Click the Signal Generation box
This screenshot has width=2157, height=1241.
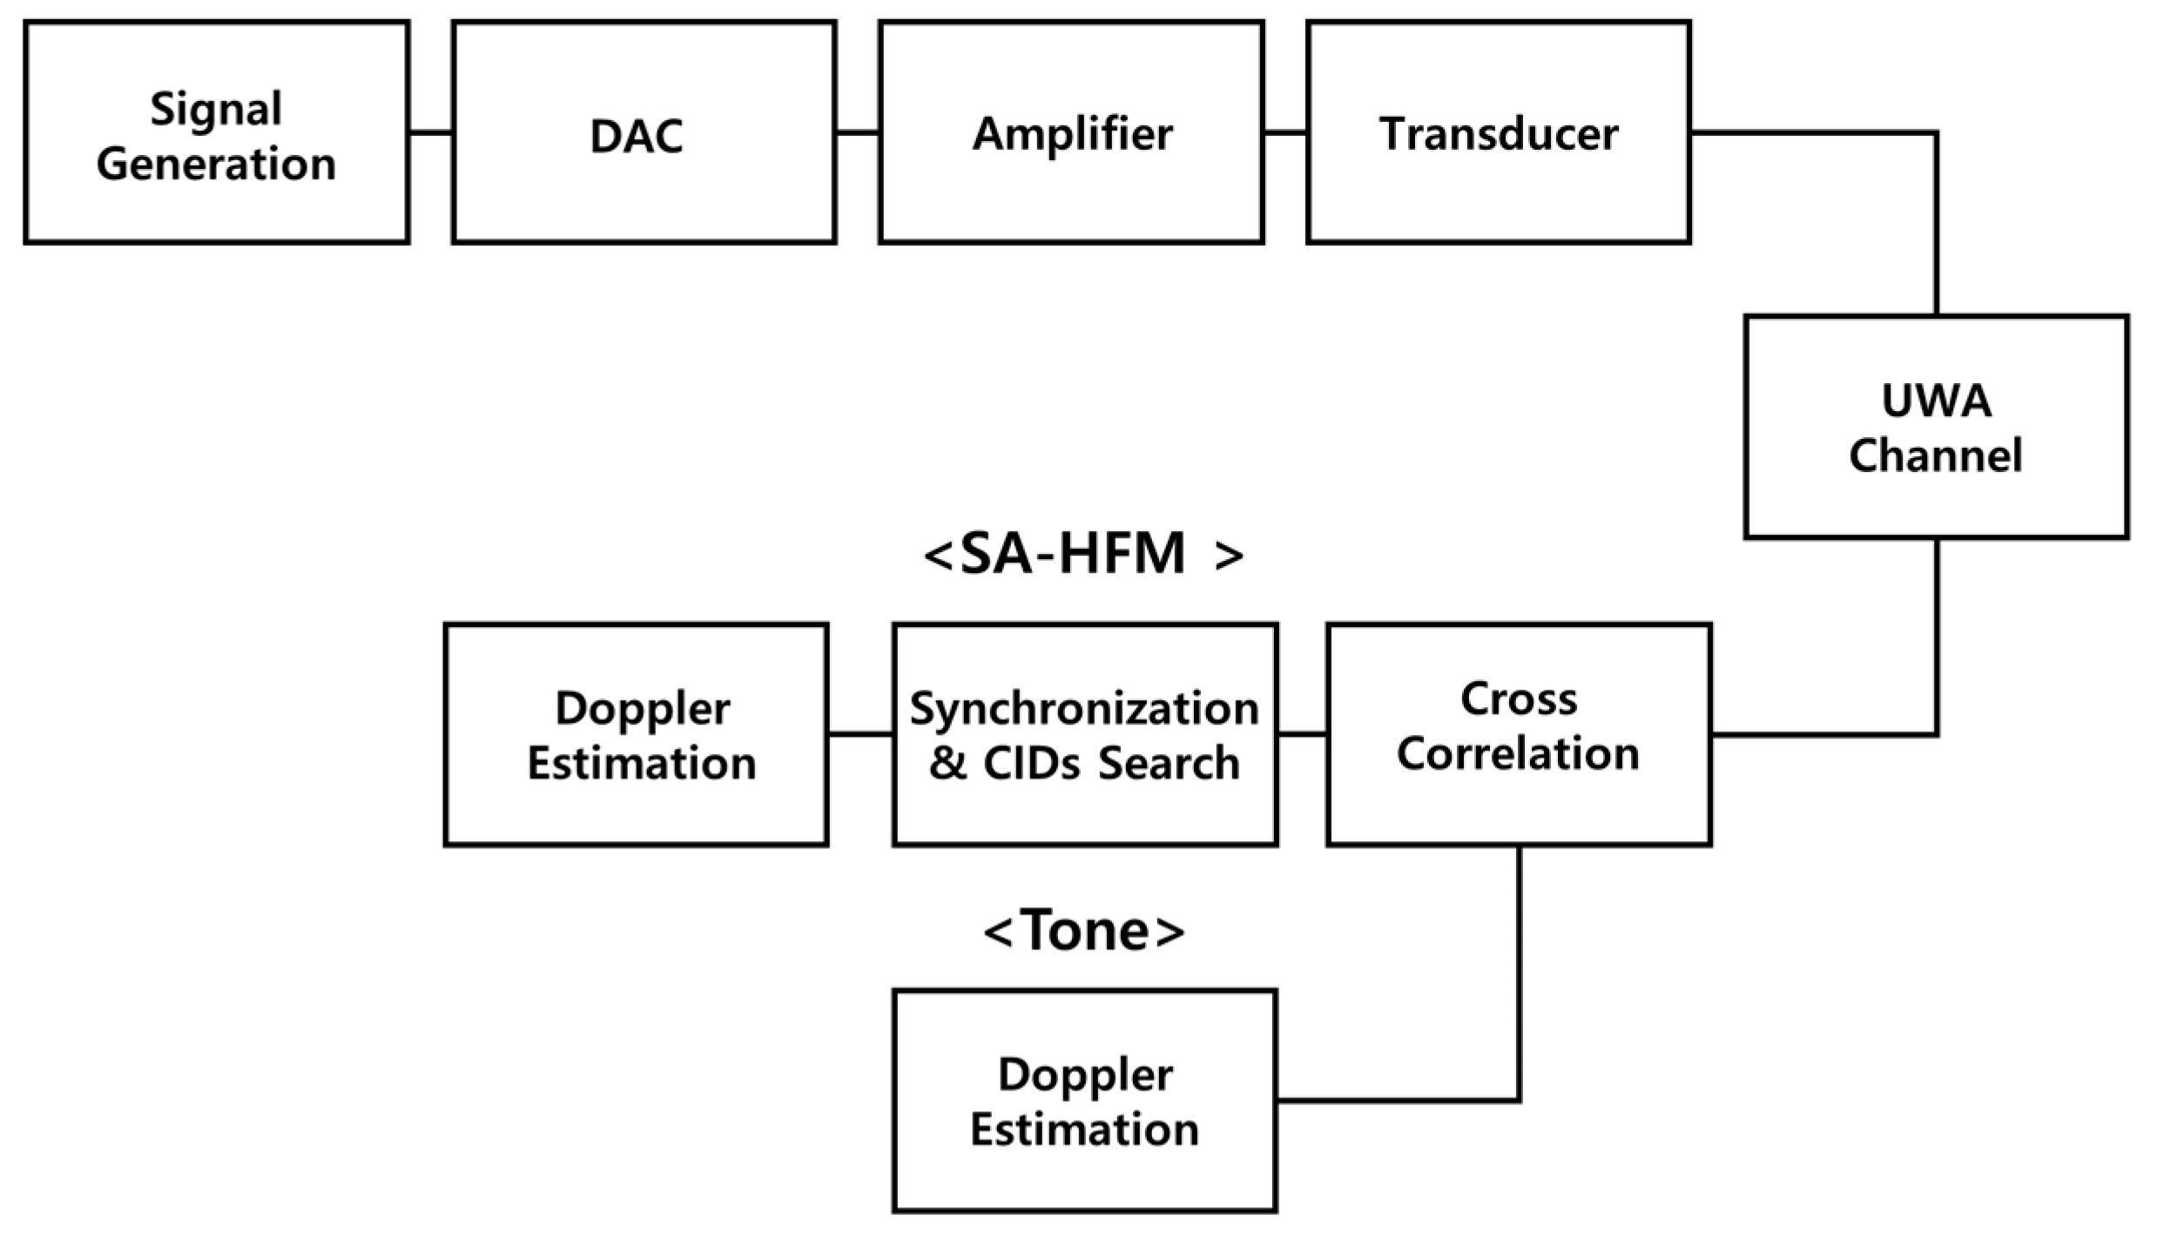[x=216, y=132]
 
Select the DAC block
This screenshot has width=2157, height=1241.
[x=644, y=132]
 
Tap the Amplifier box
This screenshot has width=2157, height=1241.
[x=1070, y=132]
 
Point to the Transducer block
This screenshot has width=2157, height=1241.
[x=1498, y=132]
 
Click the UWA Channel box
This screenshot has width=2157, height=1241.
[x=1936, y=427]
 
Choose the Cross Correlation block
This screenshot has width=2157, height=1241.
[x=1519, y=733]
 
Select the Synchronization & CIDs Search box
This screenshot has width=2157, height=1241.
[x=1084, y=733]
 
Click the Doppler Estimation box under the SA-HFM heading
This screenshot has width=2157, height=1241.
[x=636, y=733]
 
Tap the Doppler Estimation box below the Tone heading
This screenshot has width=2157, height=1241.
[x=1084, y=1100]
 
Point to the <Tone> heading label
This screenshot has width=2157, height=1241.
[x=1084, y=931]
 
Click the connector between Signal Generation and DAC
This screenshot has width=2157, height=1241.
[x=430, y=132]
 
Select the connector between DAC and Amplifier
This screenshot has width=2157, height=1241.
[x=857, y=132]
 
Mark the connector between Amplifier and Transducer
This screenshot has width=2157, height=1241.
[x=1284, y=132]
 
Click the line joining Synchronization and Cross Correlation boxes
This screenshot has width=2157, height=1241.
[x=1302, y=733]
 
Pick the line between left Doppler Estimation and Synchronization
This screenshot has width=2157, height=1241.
[x=859, y=733]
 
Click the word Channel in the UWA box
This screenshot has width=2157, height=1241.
[x=1935, y=455]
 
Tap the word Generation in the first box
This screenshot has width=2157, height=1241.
[x=216, y=164]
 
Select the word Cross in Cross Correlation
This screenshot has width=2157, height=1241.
[x=1519, y=698]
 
